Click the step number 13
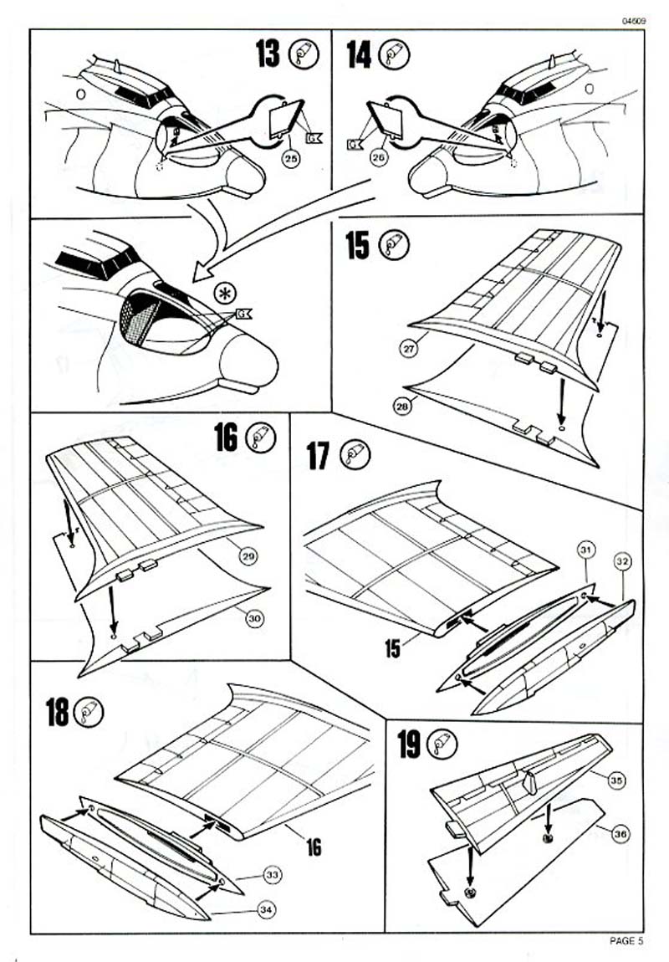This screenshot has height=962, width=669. [269, 54]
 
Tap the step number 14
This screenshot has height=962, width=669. [359, 54]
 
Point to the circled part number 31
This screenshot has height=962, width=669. [586, 549]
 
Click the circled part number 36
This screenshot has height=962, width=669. [620, 834]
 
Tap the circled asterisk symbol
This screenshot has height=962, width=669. [223, 293]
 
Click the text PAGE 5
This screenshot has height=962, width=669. [626, 941]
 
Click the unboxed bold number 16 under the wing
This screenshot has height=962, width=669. [313, 847]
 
